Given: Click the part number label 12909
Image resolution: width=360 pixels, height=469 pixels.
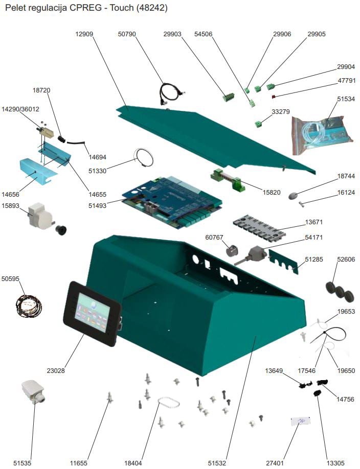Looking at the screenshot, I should (85, 34).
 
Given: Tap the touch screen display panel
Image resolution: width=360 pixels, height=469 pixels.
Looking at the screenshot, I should (92, 312).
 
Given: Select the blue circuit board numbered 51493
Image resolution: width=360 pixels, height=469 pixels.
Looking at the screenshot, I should (171, 200).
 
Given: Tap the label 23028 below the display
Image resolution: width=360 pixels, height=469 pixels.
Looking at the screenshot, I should (55, 370).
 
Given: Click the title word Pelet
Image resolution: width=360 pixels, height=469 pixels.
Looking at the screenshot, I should (15, 8).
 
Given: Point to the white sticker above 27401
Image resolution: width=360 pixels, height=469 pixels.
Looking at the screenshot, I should (300, 421).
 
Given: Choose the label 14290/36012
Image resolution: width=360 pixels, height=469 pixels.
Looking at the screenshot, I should (20, 109).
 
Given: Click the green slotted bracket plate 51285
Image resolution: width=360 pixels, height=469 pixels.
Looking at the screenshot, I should (284, 262).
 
